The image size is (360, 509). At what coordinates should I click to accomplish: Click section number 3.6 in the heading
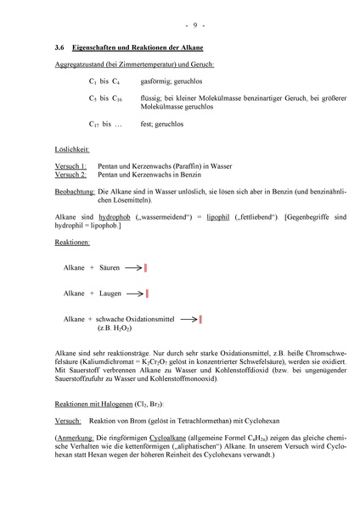click(59, 48)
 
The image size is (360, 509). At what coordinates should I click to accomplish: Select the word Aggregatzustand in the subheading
click(81, 64)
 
